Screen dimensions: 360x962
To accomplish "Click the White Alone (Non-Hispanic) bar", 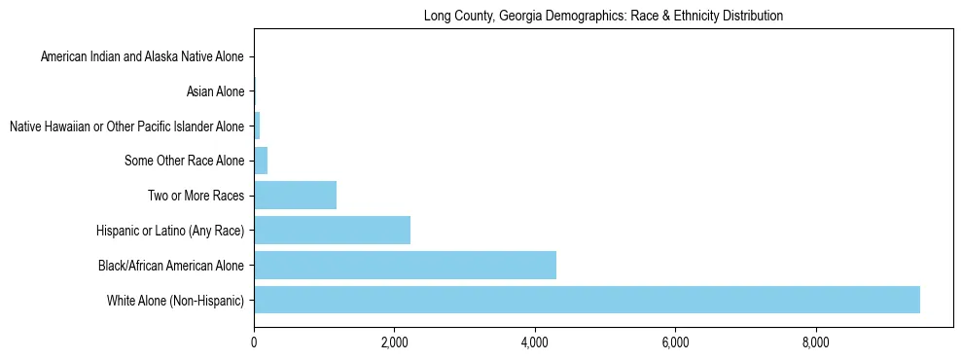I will pyautogui.click(x=587, y=300).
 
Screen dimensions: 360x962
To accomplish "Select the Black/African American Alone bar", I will pyautogui.click(x=405, y=265).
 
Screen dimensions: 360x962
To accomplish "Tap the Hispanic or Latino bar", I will pyautogui.click(x=332, y=230).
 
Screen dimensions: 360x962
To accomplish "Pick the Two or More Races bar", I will pyautogui.click(x=295, y=196).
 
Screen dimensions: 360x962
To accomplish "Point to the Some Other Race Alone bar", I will pyautogui.click(x=261, y=161).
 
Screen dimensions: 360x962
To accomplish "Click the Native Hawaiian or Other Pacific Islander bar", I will pyautogui.click(x=257, y=126).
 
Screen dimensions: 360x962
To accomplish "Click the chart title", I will pyautogui.click(x=603, y=17).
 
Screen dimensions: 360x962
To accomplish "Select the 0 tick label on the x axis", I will pyautogui.click(x=254, y=342).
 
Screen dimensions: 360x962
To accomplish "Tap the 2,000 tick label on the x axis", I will pyautogui.click(x=394, y=342).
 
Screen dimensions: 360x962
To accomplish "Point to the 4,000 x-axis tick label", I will pyautogui.click(x=534, y=342).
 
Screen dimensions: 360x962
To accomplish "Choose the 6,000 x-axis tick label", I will pyautogui.click(x=675, y=342).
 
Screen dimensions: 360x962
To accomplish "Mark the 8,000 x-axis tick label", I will pyautogui.click(x=815, y=342).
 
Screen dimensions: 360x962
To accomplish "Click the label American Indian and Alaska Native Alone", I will pyautogui.click(x=143, y=57).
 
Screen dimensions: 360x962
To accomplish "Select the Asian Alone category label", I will pyautogui.click(x=215, y=92).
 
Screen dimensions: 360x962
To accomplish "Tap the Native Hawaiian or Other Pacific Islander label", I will pyautogui.click(x=126, y=126).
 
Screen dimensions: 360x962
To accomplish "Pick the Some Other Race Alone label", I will pyautogui.click(x=185, y=161).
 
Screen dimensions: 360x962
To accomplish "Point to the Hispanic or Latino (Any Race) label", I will pyautogui.click(x=170, y=231).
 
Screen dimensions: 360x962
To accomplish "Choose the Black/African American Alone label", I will pyautogui.click(x=171, y=265).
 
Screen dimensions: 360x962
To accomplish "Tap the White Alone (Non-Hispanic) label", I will pyautogui.click(x=176, y=300).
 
